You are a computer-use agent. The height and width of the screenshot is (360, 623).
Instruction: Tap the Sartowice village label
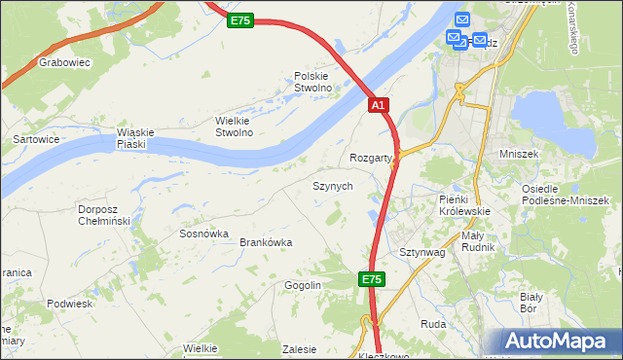tap(35, 139)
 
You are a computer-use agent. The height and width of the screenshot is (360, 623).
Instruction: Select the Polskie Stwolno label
tap(313, 82)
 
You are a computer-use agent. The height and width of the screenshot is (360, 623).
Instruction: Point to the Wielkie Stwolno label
tap(234, 126)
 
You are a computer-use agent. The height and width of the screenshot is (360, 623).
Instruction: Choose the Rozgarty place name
tap(370, 158)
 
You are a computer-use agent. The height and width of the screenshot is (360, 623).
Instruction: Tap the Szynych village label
tap(332, 185)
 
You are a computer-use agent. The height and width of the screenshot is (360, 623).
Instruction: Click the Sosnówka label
tap(203, 234)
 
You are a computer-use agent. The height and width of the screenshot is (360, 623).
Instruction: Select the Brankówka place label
tap(266, 242)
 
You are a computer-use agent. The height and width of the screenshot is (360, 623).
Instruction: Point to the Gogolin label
tap(303, 285)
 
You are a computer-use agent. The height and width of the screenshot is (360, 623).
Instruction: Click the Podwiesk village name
tap(69, 304)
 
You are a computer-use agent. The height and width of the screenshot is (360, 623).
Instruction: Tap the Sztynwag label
tap(421, 252)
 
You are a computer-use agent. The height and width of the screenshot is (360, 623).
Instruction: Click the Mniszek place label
tap(545, 154)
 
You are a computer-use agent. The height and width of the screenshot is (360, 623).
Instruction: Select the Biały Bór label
tap(531, 302)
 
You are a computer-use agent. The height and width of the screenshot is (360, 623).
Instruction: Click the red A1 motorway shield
tap(379, 105)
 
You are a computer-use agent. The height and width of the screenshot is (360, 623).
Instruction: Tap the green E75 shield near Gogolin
tap(371, 279)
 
